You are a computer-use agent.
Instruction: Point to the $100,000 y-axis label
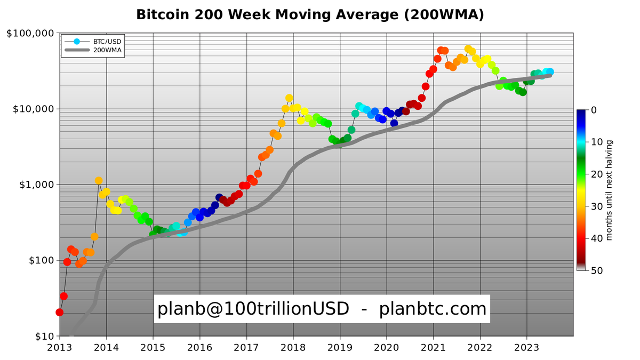point(30,34)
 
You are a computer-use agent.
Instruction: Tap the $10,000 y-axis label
point(33,109)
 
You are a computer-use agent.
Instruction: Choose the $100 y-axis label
point(39,261)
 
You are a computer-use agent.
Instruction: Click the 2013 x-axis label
point(59,348)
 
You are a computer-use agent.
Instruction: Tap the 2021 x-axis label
point(433,348)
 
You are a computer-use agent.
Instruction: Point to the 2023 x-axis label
point(527,348)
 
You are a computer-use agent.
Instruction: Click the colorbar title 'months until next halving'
point(610,190)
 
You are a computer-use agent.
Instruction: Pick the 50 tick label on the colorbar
point(597,271)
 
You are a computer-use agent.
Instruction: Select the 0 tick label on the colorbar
point(594,110)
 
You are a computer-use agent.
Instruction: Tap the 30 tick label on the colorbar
point(597,206)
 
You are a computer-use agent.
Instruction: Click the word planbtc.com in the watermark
point(433,309)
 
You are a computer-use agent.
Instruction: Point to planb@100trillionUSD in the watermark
point(253,309)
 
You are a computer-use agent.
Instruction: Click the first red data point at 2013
point(59,313)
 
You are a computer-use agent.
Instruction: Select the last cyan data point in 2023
point(550,71)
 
